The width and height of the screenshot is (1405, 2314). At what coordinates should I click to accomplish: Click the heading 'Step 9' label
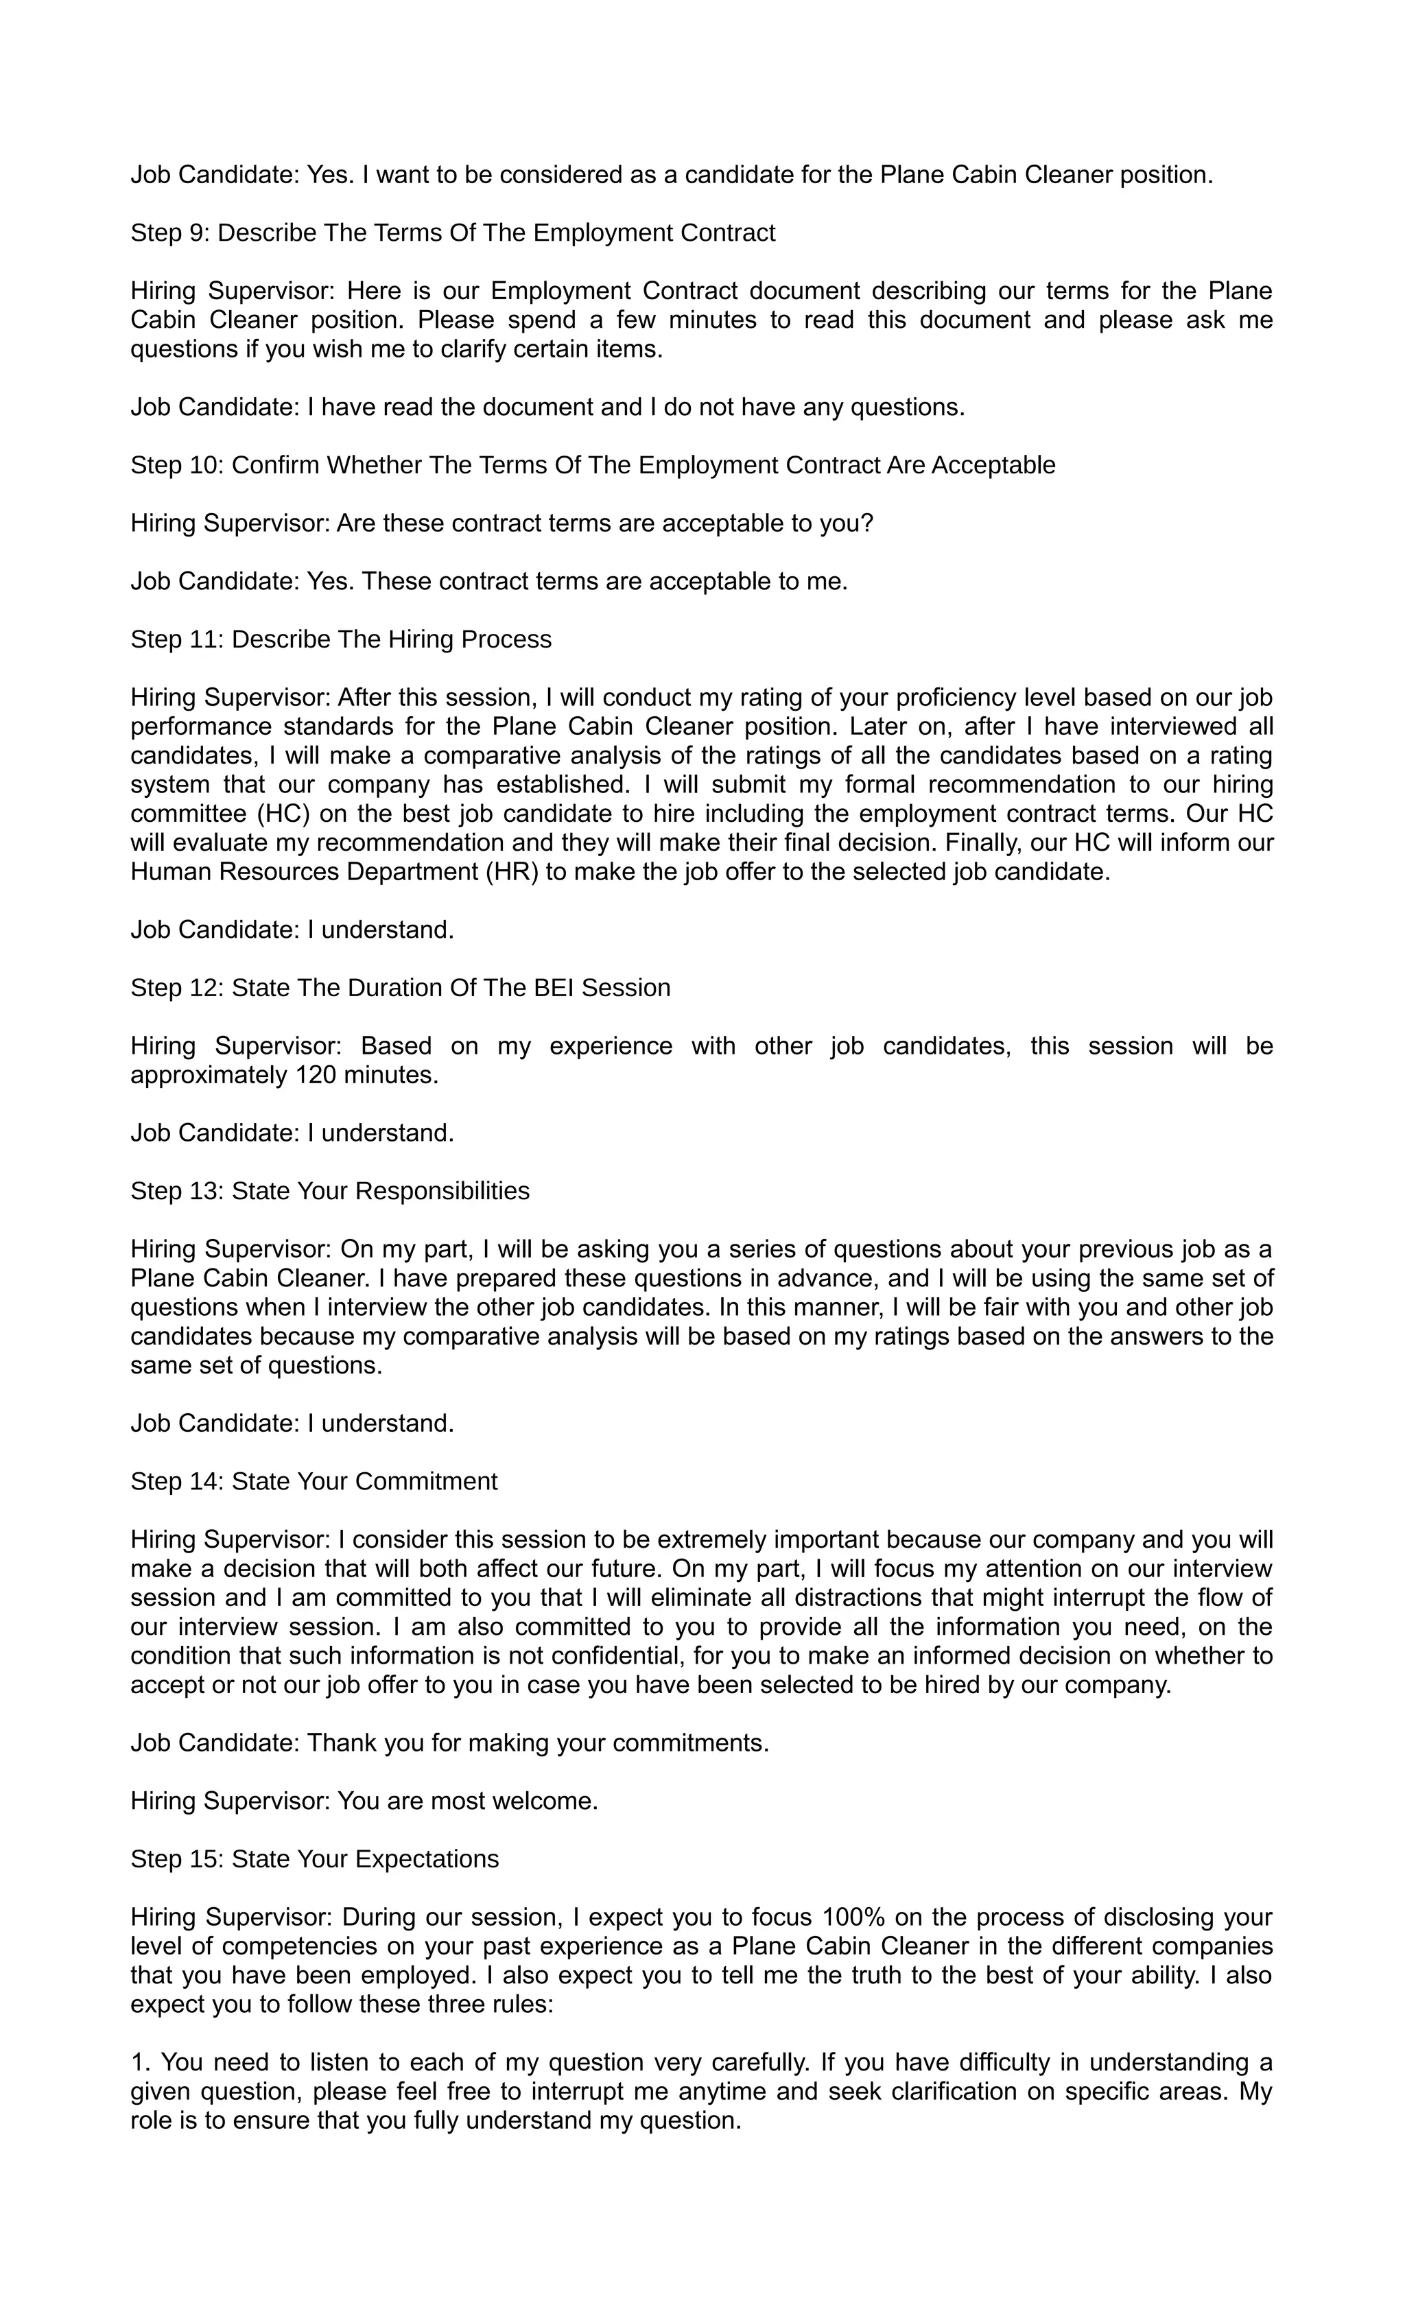coord(171,233)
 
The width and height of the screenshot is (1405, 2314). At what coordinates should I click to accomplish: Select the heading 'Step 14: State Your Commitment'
coord(314,1481)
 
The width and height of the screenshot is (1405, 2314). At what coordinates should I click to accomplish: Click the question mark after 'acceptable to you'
coord(867,523)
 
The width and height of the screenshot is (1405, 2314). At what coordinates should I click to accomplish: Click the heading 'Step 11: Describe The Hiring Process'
coord(341,639)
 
